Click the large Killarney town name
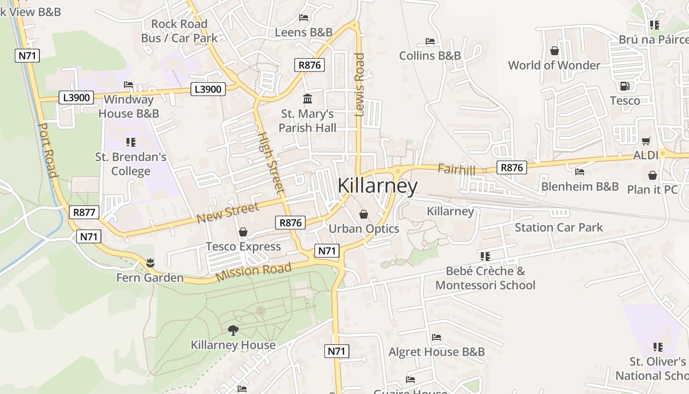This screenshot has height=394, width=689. tap(377, 186)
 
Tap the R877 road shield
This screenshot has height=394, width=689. tap(84, 212)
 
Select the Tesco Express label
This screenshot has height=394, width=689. tap(243, 246)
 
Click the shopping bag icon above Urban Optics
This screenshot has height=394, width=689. tap(364, 214)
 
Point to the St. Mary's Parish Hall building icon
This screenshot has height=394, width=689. tap(308, 99)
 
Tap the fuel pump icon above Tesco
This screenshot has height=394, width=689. tap(625, 86)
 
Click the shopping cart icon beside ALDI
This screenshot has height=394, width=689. tap(646, 141)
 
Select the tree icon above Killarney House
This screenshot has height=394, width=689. tap(233, 330)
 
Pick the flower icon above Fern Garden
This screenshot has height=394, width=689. tap(150, 263)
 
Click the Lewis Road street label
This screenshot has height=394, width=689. tap(360, 85)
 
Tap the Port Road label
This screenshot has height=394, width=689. tap(48, 150)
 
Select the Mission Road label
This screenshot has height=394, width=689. tap(253, 271)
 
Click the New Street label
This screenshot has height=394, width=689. tap(227, 212)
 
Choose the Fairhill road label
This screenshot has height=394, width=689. tap(456, 170)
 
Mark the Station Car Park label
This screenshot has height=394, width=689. tap(559, 227)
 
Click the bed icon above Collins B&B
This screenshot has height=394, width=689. tap(430, 41)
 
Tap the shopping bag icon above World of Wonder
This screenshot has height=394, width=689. tap(555, 51)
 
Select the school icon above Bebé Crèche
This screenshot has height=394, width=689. tap(485, 257)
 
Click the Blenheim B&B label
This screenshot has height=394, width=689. tap(580, 186)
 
